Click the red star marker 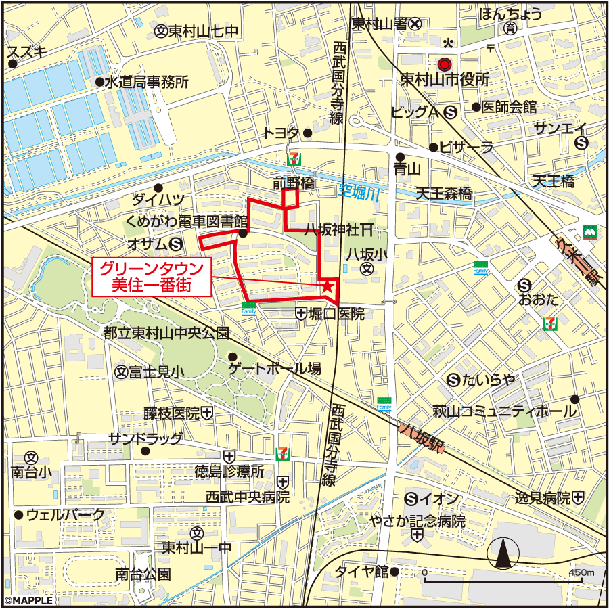pos(328,286)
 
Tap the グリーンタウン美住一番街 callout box pos(152,277)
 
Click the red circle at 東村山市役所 pos(444,64)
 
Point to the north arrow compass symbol pos(503,554)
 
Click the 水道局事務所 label pos(146,83)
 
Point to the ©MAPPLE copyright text pos(27,600)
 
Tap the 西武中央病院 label pos(248,497)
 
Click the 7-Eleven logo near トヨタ pos(293,158)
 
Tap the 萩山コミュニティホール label pos(505,411)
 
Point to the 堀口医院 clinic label pos(336,314)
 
